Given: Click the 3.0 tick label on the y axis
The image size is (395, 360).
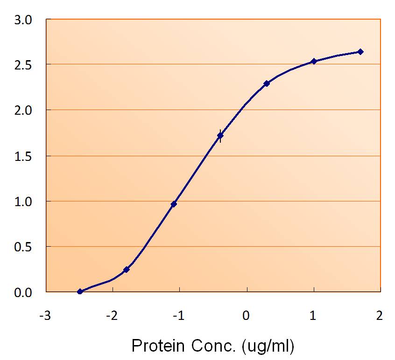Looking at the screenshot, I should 24,20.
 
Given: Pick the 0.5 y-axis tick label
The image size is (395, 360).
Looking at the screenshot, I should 24,247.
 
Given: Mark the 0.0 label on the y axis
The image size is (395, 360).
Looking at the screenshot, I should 24,292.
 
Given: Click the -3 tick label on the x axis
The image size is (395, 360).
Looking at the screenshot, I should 45,316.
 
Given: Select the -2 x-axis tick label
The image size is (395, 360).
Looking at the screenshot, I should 112,316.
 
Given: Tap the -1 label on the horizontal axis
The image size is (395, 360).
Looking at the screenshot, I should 178,316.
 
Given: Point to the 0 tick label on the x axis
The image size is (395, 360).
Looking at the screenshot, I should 247,316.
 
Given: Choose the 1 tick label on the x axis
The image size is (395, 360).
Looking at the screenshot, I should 313,316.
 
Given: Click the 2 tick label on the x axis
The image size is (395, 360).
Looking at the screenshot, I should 380,316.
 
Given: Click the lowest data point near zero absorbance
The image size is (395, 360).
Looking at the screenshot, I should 80,291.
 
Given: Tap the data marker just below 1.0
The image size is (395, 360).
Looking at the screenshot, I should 174,204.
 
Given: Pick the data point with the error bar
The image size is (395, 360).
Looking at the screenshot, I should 220,136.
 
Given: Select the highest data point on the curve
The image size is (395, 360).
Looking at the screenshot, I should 360,52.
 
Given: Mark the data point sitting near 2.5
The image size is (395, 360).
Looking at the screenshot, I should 314,61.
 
